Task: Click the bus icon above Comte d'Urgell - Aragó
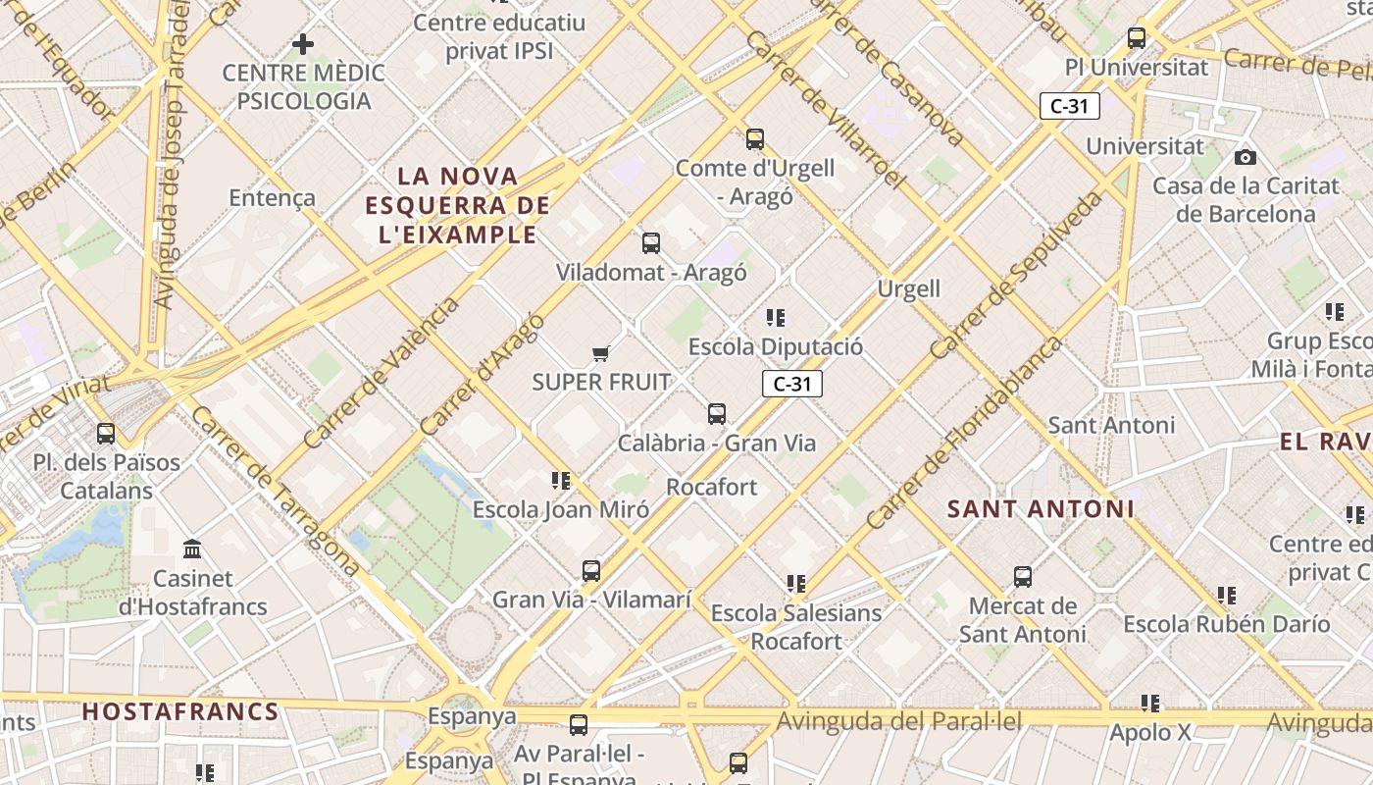coord(754,139)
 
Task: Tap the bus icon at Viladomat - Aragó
coord(650,243)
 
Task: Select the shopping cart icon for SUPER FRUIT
coord(601,353)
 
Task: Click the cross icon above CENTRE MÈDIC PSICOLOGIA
coord(303,43)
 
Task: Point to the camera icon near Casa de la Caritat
coord(1246,157)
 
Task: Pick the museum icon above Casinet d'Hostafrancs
coord(192,549)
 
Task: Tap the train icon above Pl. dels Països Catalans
coord(105,433)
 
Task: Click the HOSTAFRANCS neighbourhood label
coord(180,711)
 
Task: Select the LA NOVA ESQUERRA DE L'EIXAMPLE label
coord(457,205)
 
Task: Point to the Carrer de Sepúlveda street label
coord(1015,275)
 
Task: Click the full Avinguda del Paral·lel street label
coord(899,722)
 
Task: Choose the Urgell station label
coord(908,288)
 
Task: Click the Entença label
coord(272,197)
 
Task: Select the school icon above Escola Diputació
coord(776,318)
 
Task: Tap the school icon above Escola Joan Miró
coord(561,481)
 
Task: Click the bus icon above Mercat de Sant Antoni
coord(1023,577)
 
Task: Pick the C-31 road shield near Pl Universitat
coord(1069,106)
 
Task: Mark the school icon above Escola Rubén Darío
coord(1227,596)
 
